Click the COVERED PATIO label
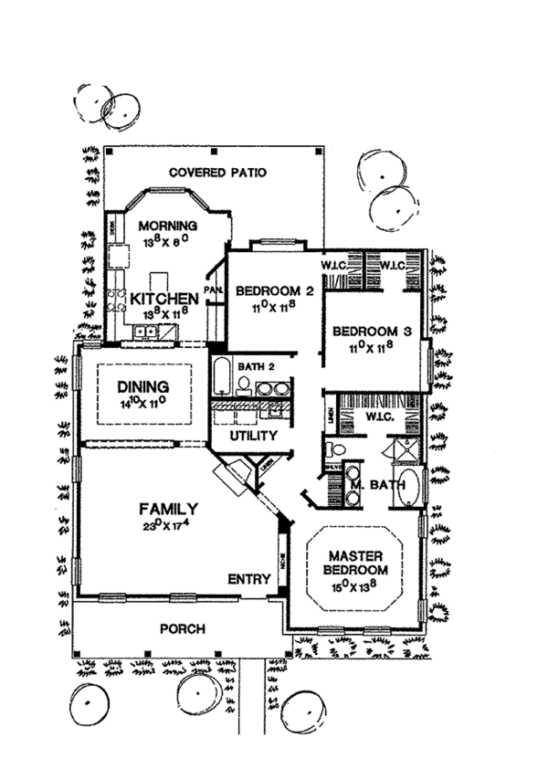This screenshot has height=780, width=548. click(x=217, y=174)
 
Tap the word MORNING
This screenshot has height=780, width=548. click(x=167, y=227)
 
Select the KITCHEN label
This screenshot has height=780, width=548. click(x=164, y=299)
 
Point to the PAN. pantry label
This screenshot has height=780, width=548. click(x=214, y=290)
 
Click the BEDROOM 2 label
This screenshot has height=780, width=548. click(x=275, y=292)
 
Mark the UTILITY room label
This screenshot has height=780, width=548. click(x=253, y=437)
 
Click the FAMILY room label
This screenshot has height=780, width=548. click(x=169, y=508)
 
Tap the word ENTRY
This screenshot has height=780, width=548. click(x=249, y=578)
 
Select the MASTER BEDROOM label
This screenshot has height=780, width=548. click(x=354, y=563)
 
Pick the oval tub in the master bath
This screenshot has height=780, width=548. click(x=410, y=487)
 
